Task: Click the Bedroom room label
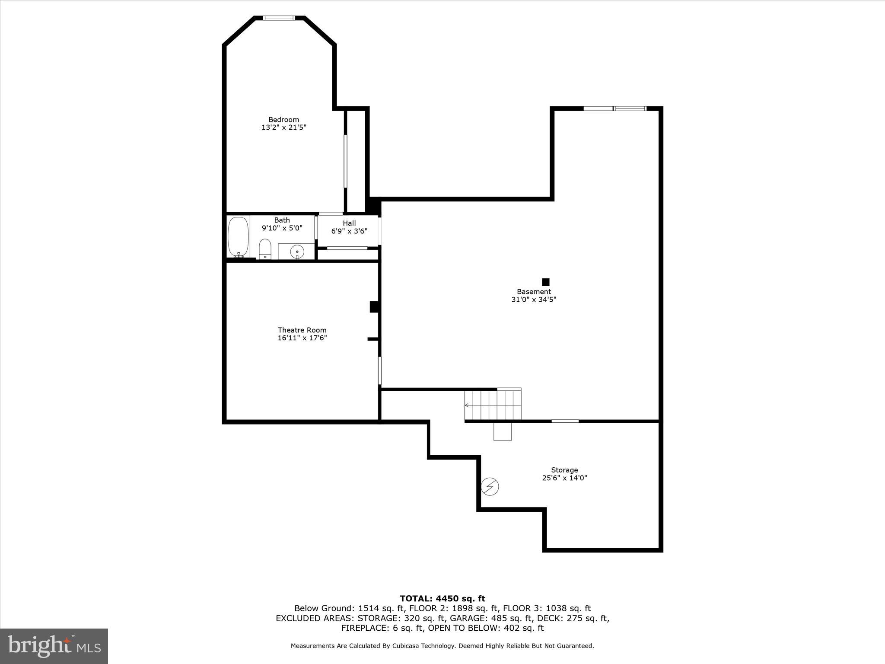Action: pyautogui.click(x=283, y=120)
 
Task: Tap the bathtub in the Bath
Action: pyautogui.click(x=238, y=237)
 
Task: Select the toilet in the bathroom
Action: pyautogui.click(x=265, y=249)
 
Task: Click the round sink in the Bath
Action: pyautogui.click(x=297, y=251)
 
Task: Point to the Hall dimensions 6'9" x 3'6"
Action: pyautogui.click(x=349, y=231)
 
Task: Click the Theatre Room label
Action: pyautogui.click(x=302, y=330)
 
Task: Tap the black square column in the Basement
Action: pyautogui.click(x=546, y=282)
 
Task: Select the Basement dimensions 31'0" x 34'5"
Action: pyautogui.click(x=534, y=300)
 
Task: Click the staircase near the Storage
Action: pyautogui.click(x=493, y=405)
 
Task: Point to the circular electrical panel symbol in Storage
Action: pyautogui.click(x=490, y=487)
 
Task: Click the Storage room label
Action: pyautogui.click(x=564, y=470)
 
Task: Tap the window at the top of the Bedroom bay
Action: pyautogui.click(x=279, y=18)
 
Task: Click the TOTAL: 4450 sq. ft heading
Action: pyautogui.click(x=442, y=599)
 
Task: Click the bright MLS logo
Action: pyautogui.click(x=54, y=646)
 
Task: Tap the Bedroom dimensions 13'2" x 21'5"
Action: pyautogui.click(x=283, y=128)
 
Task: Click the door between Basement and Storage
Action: pyautogui.click(x=565, y=421)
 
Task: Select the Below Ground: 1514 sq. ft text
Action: pyautogui.click(x=349, y=609)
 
